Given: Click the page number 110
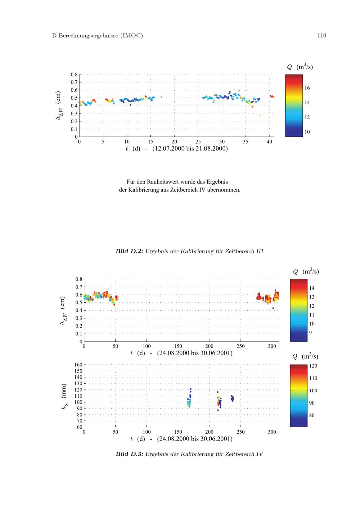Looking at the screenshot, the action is (321, 35).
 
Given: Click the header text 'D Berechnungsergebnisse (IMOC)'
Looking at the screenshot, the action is (98, 35).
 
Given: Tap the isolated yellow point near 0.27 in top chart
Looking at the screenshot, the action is (260, 116).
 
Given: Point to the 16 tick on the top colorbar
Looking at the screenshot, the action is (307, 88).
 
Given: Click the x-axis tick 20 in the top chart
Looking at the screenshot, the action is (174, 141).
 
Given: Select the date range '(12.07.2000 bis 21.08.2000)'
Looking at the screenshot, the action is (190, 149).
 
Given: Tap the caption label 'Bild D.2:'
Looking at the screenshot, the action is (129, 251).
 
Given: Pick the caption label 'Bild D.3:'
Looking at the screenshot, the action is (129, 454).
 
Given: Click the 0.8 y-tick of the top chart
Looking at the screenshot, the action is (74, 75).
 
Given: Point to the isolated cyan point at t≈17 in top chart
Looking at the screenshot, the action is (161, 97).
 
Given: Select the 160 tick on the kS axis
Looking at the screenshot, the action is (78, 365).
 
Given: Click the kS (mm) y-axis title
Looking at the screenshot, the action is (64, 396).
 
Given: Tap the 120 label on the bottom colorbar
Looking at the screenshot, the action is (313, 366).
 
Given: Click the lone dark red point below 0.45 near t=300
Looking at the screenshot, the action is (273, 308).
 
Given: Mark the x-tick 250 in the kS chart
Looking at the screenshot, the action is (240, 432).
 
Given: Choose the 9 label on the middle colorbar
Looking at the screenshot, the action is (310, 333).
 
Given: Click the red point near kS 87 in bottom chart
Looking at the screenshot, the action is (218, 410).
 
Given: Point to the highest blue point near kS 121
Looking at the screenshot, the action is (191, 389).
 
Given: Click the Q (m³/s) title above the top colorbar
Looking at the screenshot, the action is (300, 67).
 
